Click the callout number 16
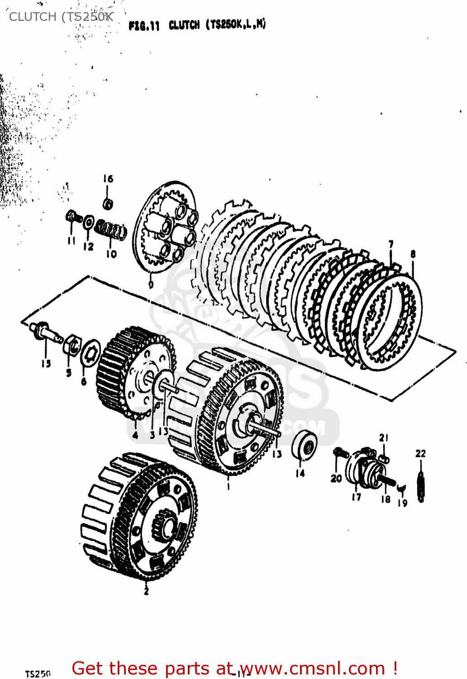point(108,179)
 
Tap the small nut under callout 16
point(108,204)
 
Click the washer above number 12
point(89,223)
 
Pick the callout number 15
point(46,363)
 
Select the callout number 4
point(135,436)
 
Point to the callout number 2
point(146,591)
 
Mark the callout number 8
point(413,254)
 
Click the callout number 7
point(391,244)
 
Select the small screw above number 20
point(339,453)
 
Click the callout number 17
point(357,497)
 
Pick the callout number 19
point(403,503)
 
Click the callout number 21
point(384,438)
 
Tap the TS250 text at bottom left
point(38,674)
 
